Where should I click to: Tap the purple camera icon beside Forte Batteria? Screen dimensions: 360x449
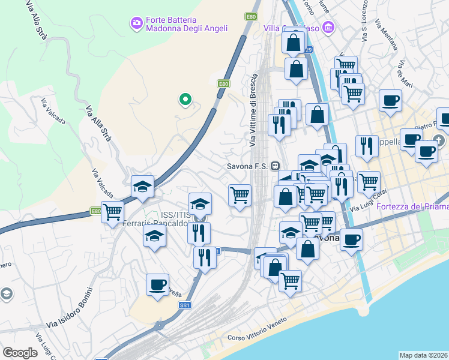(136, 23)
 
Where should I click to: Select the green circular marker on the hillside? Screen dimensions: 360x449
(185, 100)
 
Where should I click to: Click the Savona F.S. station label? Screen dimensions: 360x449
(248, 166)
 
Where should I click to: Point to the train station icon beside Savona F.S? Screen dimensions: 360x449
(275, 166)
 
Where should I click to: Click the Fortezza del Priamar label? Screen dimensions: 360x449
(412, 206)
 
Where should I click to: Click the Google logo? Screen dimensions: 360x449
(20, 353)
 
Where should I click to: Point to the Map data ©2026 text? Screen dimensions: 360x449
(423, 355)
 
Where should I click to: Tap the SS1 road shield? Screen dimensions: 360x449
(184, 305)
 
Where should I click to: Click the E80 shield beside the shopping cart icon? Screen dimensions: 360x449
(96, 211)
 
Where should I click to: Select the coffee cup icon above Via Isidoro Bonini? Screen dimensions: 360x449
(157, 284)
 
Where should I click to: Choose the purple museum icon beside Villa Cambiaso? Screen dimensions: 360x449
(328, 27)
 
